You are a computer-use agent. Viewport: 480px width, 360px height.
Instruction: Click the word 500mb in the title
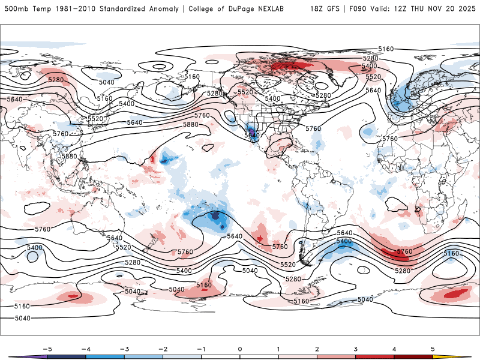click(16, 9)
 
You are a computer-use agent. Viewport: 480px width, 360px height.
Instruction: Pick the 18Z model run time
click(317, 9)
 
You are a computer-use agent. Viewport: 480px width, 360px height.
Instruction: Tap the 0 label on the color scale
click(240, 349)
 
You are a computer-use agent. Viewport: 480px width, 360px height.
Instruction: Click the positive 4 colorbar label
click(395, 349)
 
